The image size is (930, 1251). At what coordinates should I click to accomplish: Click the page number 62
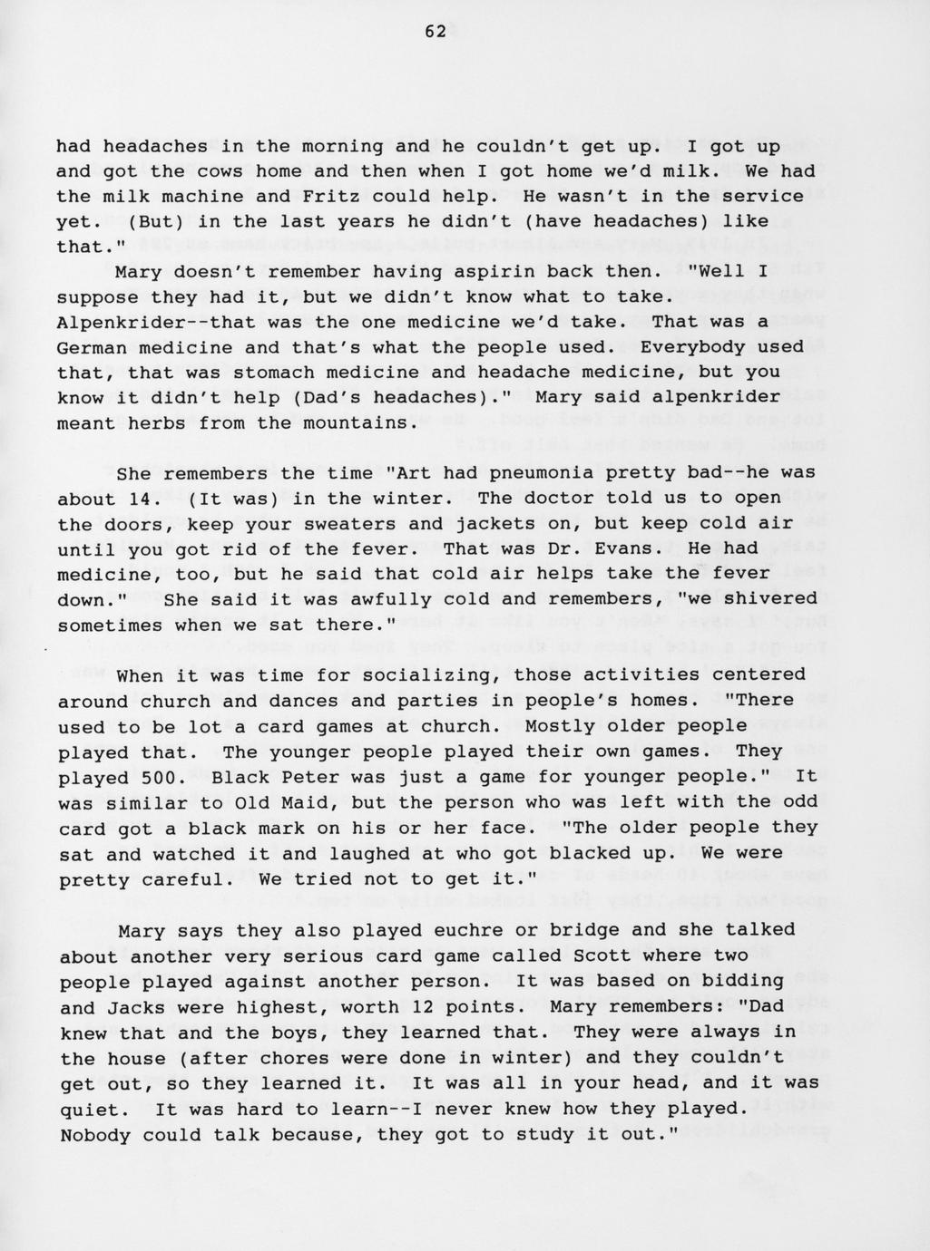click(435, 32)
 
